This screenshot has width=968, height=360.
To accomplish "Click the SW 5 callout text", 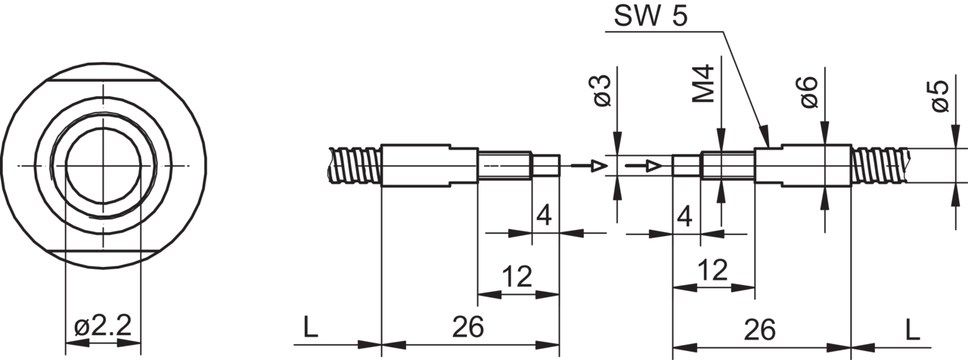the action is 650,17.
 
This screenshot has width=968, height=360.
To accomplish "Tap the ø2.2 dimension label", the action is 103,325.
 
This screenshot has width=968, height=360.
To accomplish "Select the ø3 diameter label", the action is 603,90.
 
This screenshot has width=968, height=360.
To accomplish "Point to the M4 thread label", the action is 703,84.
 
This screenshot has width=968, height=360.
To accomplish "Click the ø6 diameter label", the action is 809,92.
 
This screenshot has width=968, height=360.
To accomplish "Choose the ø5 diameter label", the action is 940,96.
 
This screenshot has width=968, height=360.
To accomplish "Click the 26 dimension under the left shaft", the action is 468,327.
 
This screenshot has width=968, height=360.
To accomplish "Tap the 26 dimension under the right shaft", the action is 760,330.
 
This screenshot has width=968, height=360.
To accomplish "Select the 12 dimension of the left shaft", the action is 517,277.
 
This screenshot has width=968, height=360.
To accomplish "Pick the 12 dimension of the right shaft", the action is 713,270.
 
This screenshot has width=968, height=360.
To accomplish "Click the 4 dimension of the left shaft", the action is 544,216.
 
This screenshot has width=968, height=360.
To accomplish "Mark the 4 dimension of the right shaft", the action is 684,216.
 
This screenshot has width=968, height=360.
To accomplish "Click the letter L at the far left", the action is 311,327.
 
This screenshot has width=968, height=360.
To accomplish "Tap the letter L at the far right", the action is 913,330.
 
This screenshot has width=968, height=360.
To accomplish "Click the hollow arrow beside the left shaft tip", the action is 589,166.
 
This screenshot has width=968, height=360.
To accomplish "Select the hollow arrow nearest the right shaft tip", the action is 644,166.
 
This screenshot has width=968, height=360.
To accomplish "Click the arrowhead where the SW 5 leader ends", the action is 765,136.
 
